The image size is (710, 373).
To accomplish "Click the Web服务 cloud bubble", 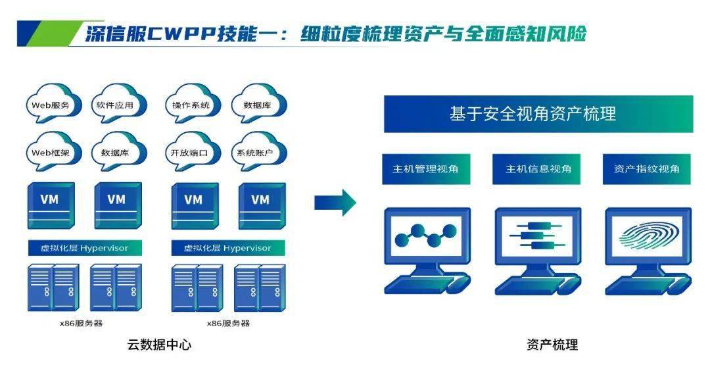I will [51, 105].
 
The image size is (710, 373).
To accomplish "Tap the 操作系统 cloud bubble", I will [191, 105].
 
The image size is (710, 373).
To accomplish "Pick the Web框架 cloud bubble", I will [51, 153].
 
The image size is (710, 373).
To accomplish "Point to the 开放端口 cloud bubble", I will [189, 153].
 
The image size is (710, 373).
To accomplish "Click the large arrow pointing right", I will [335, 202].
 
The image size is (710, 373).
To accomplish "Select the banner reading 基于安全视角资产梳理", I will [538, 114].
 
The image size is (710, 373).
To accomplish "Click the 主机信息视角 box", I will [538, 169].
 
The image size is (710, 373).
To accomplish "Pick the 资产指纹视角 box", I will [647, 169].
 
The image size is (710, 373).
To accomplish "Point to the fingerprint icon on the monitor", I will [647, 237].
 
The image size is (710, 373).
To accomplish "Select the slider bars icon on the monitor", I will [537, 236].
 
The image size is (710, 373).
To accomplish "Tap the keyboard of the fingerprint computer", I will [641, 286].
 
